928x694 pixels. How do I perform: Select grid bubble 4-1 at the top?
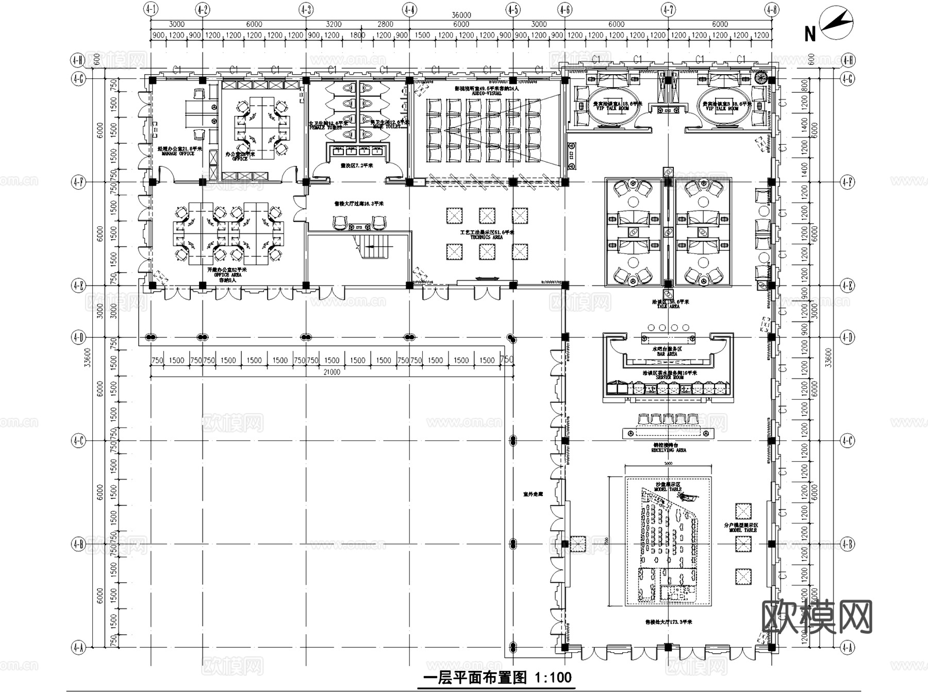(x=151, y=9)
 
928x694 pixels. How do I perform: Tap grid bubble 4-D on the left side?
(x=78, y=337)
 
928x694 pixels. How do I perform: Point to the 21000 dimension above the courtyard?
(x=332, y=372)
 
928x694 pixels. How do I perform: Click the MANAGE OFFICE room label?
(x=178, y=154)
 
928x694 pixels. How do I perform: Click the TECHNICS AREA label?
(x=486, y=237)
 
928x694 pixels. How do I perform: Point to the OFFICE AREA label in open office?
(x=227, y=275)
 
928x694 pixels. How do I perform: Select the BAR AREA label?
(x=667, y=354)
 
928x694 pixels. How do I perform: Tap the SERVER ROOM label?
(x=669, y=377)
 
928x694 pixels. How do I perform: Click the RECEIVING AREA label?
(x=668, y=450)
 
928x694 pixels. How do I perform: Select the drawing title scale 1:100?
(x=553, y=677)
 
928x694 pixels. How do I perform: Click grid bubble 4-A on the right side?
(x=848, y=648)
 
